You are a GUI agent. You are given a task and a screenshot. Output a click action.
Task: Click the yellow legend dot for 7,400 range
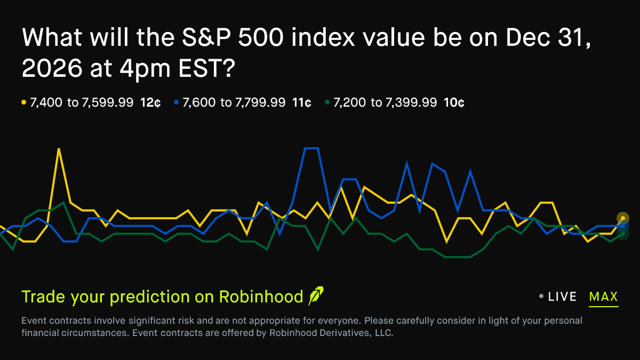pos(23,102)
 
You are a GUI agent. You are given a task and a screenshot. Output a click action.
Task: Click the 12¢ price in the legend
pos(150,102)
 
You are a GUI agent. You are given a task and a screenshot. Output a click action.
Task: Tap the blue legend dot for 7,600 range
pos(175,102)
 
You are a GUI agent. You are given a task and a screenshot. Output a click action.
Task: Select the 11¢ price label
pos(302,102)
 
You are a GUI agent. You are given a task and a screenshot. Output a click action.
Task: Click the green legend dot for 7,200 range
pos(326,102)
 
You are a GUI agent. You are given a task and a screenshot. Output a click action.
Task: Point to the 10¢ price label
pos(453,102)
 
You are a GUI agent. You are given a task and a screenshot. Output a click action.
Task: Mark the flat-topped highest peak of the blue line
pos(311,148)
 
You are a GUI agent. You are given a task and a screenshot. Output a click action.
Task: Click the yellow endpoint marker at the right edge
pos(623,218)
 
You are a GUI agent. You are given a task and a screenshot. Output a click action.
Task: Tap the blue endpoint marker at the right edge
pos(623,226)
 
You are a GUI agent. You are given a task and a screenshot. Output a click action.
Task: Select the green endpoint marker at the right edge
pos(623,234)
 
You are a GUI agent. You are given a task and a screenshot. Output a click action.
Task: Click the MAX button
pos(603,297)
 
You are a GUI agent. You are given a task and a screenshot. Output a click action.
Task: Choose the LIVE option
pos(562,297)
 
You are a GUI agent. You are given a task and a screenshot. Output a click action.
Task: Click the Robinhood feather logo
pos(316,296)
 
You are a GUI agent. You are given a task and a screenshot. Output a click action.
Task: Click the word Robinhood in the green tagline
pos(261,297)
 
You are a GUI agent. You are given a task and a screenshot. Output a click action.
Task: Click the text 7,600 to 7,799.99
pos(234,102)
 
